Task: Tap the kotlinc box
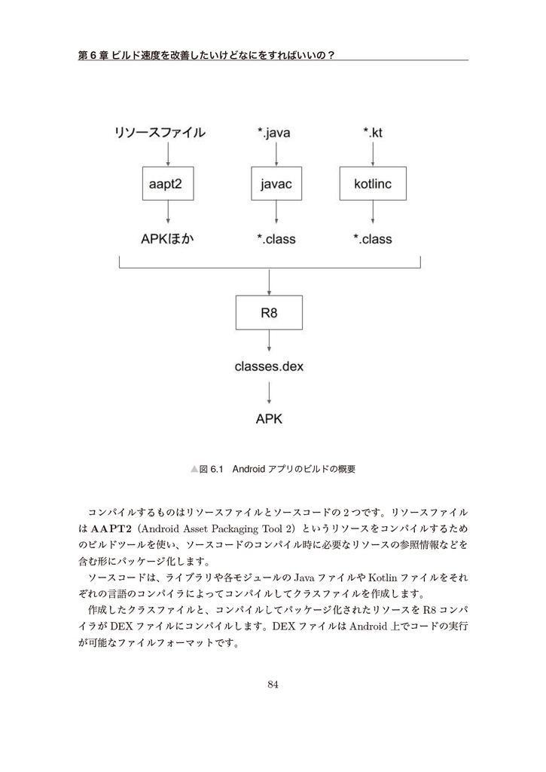point(372,184)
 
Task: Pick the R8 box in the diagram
point(269,312)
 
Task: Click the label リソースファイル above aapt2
point(159,133)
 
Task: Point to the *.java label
point(273,133)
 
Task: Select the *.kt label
point(373,133)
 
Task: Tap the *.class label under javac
point(276,239)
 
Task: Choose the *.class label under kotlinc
point(373,239)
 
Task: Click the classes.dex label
point(269,367)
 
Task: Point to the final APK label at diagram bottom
point(269,419)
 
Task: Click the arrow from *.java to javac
point(277,154)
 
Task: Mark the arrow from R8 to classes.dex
point(269,343)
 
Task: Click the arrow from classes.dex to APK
point(269,393)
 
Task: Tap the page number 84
point(273,685)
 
